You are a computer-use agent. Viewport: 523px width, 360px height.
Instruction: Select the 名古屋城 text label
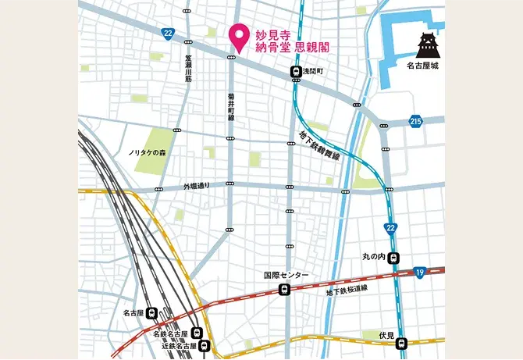pyautogui.click(x=423, y=67)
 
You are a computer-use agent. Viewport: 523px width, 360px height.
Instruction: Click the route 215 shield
pyautogui.click(x=414, y=121)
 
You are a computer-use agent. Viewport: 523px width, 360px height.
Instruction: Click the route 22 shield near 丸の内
pyautogui.click(x=390, y=227)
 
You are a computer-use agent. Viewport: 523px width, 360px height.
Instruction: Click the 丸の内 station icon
pyautogui.click(x=394, y=259)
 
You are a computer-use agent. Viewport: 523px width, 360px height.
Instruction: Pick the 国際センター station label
pyautogui.click(x=286, y=276)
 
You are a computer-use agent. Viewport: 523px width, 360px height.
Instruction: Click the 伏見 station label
pyautogui.click(x=386, y=335)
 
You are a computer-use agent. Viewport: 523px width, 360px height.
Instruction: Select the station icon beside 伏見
pyautogui.click(x=401, y=343)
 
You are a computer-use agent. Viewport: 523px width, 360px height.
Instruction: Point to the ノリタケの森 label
pyautogui.click(x=148, y=152)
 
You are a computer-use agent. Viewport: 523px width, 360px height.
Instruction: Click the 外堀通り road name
pyautogui.click(x=197, y=187)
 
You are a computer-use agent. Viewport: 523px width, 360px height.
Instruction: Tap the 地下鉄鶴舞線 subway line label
pyautogui.click(x=318, y=145)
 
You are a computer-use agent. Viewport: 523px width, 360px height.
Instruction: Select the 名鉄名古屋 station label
pyautogui.click(x=170, y=334)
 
